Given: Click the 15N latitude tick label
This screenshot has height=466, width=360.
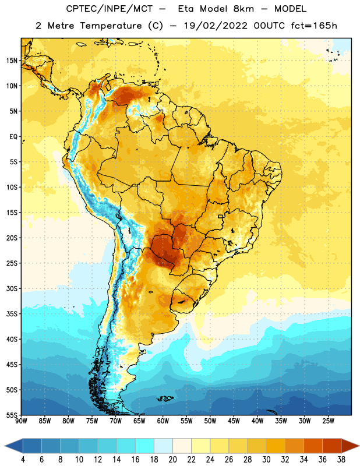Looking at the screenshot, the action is (x=12, y=61).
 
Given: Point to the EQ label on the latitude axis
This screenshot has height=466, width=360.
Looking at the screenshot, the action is (x=13, y=137).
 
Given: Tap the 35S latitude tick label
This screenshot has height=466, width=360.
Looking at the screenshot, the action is (x=12, y=314).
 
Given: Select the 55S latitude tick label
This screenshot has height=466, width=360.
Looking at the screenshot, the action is (x=12, y=415).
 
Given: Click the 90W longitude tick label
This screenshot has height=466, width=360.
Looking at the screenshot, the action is (x=21, y=421).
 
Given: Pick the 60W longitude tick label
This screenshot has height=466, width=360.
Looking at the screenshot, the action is (x=163, y=421).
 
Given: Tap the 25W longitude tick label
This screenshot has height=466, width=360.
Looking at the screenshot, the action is (x=328, y=421).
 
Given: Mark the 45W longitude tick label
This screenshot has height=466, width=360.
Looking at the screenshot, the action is (x=234, y=421).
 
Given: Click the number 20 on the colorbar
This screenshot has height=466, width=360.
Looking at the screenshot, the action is (x=172, y=460).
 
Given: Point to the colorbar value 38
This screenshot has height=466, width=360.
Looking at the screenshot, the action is (x=341, y=460).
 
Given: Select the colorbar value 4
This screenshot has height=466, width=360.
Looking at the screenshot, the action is (x=23, y=460).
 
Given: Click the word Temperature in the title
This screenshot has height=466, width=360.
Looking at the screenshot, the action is (x=111, y=26).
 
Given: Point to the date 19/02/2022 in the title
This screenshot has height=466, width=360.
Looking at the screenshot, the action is (x=216, y=26).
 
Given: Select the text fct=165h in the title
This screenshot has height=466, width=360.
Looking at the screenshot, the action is (x=314, y=26).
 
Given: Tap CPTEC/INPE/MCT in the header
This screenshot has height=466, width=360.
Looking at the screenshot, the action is (x=110, y=9).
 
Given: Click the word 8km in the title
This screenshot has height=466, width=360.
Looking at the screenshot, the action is (x=243, y=9).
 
